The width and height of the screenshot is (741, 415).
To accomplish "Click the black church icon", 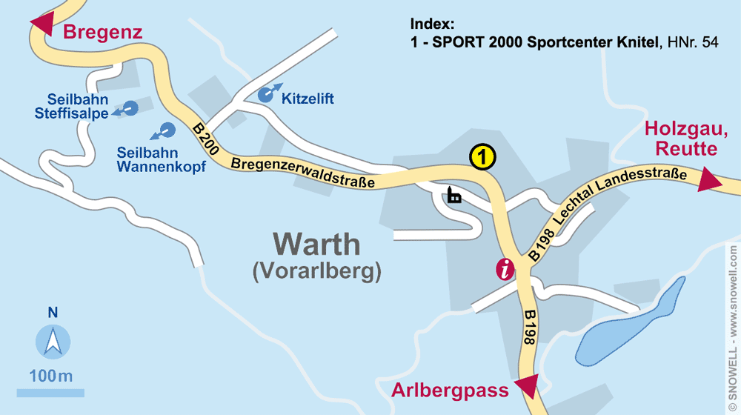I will click(x=453, y=196).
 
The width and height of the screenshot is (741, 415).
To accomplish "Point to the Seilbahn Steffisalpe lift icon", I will click(x=130, y=109).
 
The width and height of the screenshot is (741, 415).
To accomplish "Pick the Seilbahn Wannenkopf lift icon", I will click(x=166, y=130).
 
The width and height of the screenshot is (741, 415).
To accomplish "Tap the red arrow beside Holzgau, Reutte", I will click(x=710, y=180).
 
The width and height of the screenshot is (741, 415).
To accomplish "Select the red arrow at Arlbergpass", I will click(x=525, y=387).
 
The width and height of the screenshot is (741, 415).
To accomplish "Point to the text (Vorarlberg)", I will click(x=316, y=271).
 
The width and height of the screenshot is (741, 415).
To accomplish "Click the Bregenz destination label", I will click(x=102, y=32).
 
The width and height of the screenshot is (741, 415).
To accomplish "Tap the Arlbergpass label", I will click(x=451, y=390).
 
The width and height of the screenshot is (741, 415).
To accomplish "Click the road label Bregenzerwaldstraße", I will click(x=302, y=171).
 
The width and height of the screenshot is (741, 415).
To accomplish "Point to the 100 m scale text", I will click(x=51, y=376).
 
